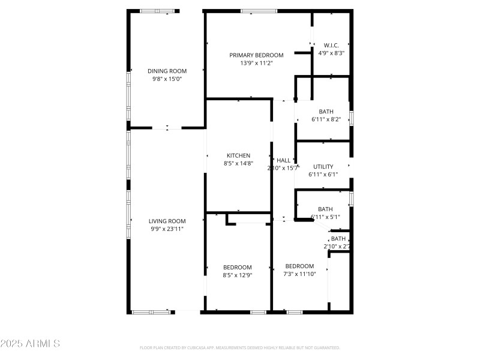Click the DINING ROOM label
click(167, 71)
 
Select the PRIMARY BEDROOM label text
click(256, 55)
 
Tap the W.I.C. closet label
click(331, 45)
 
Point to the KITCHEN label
click(238, 155)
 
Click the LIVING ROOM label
click(167, 221)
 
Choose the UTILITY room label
click(323, 167)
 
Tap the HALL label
click(283, 160)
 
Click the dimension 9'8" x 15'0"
click(167, 79)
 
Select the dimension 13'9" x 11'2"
click(256, 63)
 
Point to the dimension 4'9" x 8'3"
click(331, 53)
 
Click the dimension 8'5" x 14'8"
click(238, 163)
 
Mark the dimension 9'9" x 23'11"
click(167, 229)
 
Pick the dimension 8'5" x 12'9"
click(238, 275)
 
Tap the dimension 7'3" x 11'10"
click(299, 274)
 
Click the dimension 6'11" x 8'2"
click(326, 119)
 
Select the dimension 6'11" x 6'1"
click(323, 175)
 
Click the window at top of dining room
click(159, 10)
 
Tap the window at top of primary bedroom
click(259, 10)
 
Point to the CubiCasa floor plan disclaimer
click(240, 348)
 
